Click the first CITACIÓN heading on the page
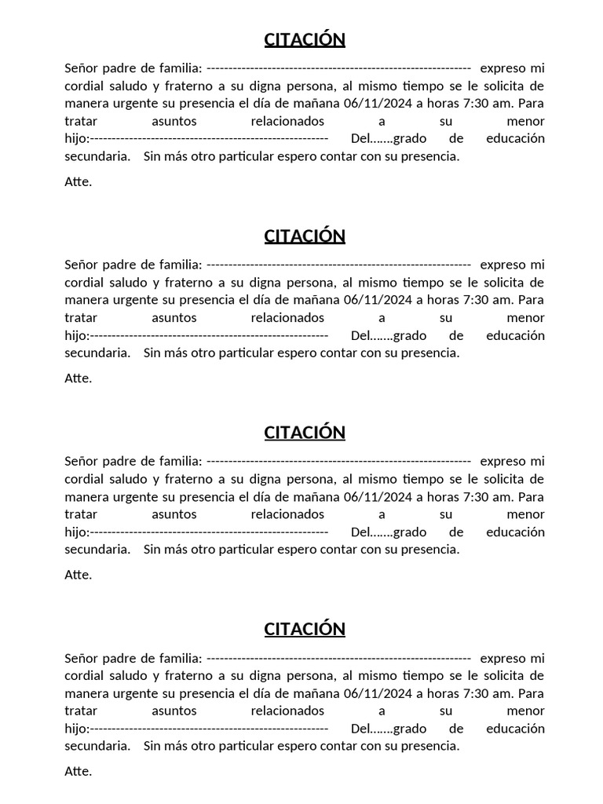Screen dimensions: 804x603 [305, 39]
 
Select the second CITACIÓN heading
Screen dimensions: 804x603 [305, 236]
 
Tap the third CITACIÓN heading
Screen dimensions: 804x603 [305, 433]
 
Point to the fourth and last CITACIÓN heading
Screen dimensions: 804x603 [305, 629]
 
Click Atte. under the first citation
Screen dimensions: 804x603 [78, 181]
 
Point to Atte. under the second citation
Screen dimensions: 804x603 [78, 378]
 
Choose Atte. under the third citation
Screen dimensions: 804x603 [78, 575]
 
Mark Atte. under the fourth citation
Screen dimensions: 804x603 [78, 771]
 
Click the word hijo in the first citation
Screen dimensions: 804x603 [75, 138]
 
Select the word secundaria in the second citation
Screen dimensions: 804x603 [97, 353]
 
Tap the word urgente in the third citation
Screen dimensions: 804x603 [137, 496]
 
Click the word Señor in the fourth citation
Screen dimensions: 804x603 [82, 658]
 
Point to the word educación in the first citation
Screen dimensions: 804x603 [515, 138]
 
